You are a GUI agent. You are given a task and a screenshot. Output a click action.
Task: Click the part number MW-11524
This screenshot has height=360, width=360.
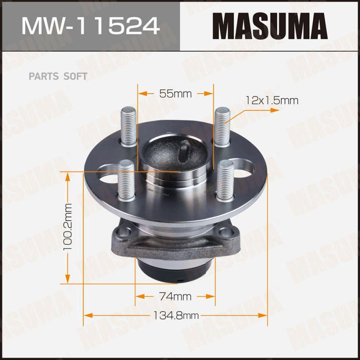tap(90, 26)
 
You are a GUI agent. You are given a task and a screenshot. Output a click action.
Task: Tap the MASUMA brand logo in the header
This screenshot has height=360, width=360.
tap(270, 26)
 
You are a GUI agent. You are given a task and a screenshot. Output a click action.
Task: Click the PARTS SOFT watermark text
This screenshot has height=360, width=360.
tap(58, 76)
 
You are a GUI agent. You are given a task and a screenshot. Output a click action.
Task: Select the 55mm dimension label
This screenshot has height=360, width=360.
tap(176, 94)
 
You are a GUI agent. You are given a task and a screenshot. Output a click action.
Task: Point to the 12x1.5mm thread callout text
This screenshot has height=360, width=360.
tap(272, 101)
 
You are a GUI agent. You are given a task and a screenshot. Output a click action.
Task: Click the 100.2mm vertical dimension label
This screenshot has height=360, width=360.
tap(68, 226)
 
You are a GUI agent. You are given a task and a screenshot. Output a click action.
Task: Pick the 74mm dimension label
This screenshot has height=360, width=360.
tap(175, 296)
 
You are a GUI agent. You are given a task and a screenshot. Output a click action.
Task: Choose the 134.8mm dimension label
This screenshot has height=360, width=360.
tap(176, 315)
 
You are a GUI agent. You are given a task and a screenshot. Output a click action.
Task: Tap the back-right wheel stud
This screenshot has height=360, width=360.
tap(222, 127)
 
